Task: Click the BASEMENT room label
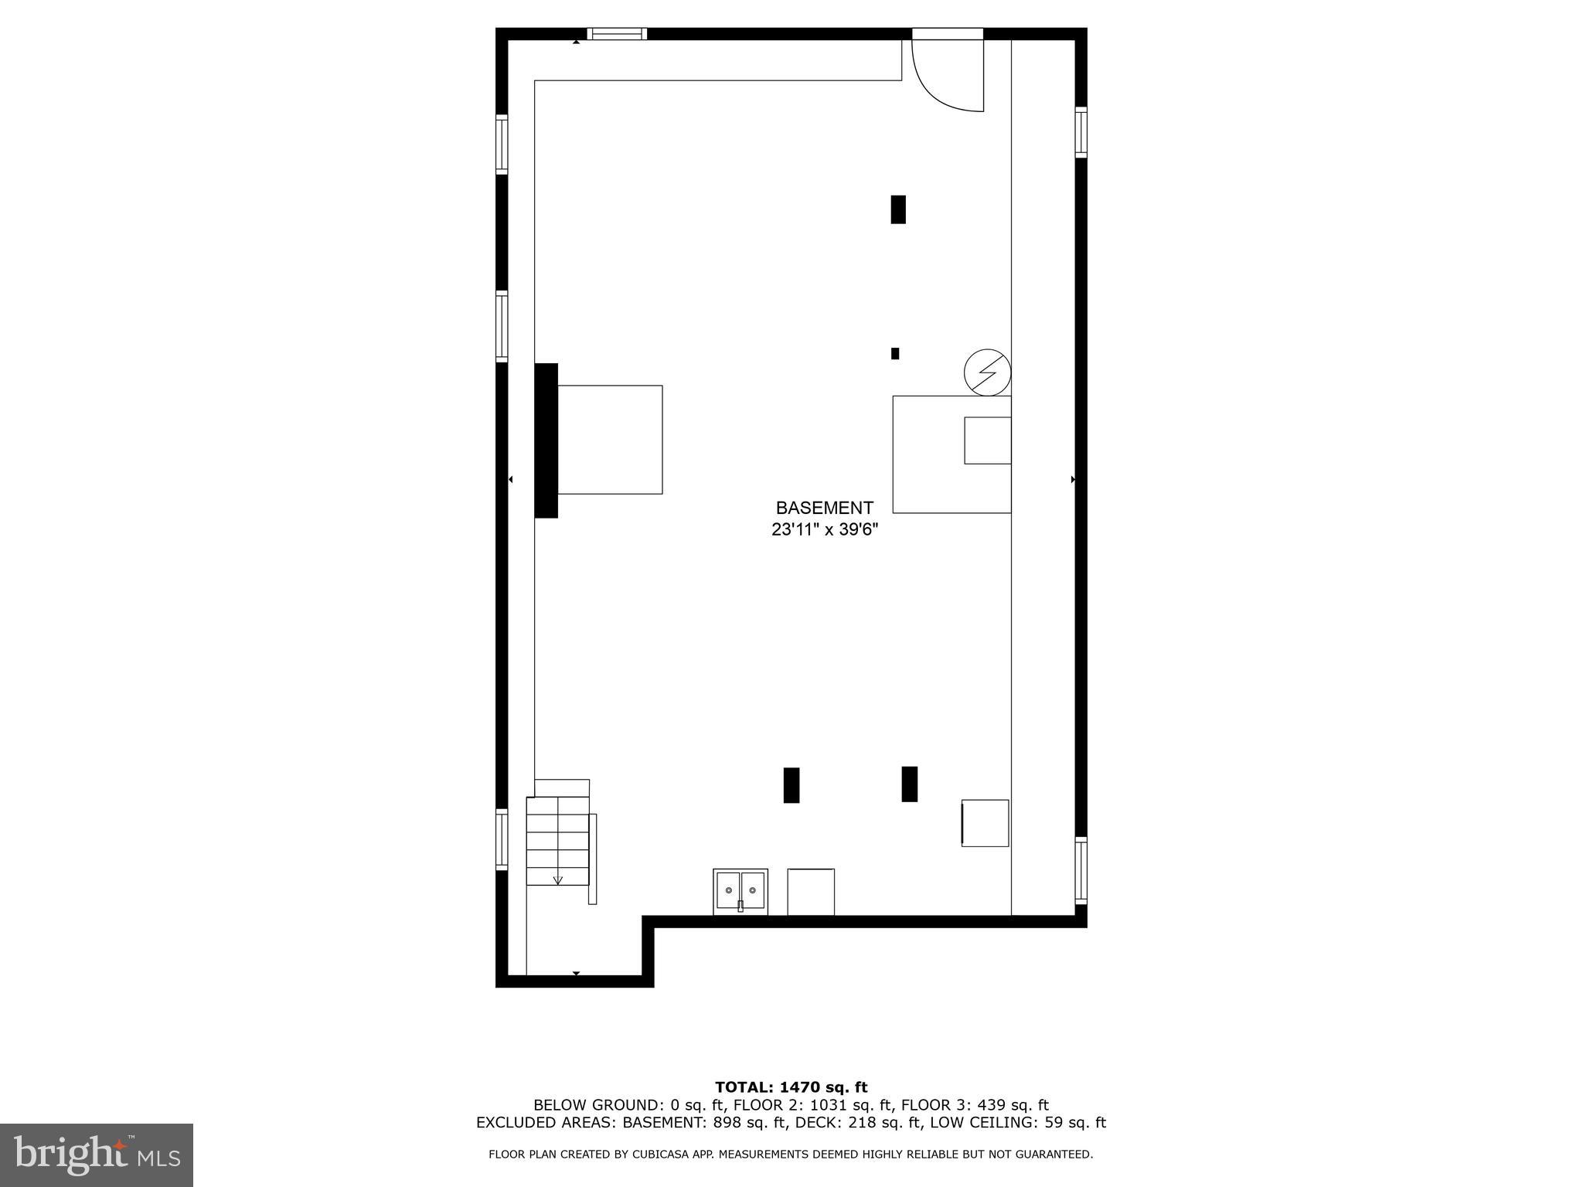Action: point(824,508)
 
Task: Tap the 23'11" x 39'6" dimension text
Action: point(825,530)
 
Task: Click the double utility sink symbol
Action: point(740,891)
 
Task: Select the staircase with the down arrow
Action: point(557,841)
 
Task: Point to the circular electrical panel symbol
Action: point(987,374)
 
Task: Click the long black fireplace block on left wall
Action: point(546,440)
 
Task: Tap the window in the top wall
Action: point(616,33)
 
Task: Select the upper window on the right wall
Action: point(1081,133)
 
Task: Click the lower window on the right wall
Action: point(1081,870)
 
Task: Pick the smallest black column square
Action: point(895,353)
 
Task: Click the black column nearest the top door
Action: point(897,209)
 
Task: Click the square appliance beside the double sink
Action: point(811,892)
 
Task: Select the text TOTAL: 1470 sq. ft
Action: point(791,1087)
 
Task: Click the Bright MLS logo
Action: point(97,1155)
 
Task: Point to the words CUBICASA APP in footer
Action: point(679,1155)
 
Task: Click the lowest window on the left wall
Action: point(502,839)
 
